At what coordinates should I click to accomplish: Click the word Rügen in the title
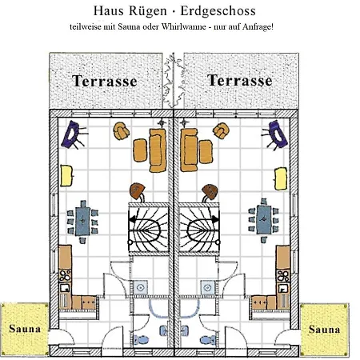[148, 12]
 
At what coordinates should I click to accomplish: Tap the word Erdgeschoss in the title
[218, 12]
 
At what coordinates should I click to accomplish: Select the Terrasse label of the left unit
[105, 81]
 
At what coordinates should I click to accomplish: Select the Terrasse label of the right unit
[240, 80]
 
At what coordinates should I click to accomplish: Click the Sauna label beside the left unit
[25, 329]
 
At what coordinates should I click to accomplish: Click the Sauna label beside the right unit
[324, 330]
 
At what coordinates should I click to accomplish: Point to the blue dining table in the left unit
[82, 222]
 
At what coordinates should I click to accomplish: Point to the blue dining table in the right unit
[264, 220]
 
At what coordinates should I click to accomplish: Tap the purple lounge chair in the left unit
[71, 135]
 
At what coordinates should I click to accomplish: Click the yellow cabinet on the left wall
[66, 175]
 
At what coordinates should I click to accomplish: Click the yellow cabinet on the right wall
[281, 178]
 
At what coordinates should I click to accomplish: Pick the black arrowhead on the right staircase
[215, 219]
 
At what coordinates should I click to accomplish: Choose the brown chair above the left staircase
[137, 190]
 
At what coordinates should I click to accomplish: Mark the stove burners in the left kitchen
[65, 276]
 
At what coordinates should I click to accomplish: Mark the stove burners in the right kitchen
[283, 276]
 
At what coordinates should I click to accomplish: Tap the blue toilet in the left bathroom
[141, 340]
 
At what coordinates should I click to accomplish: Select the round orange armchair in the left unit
[121, 131]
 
